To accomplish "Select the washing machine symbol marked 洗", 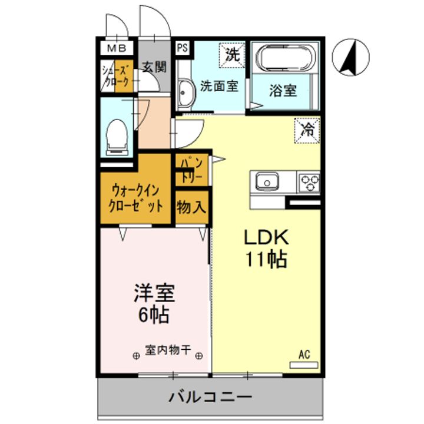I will click(x=233, y=55).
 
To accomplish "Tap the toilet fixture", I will click(x=117, y=137).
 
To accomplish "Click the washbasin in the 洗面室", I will click(x=184, y=94).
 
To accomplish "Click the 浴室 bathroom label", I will click(x=283, y=91).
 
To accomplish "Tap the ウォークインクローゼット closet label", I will click(x=136, y=198).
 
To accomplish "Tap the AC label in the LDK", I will click(x=304, y=355).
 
